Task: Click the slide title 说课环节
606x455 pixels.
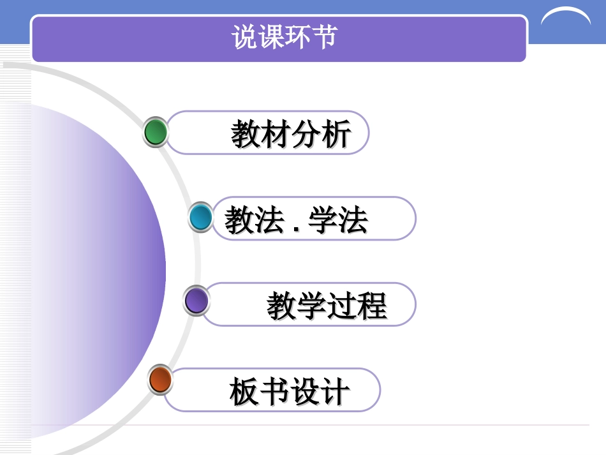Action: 284,38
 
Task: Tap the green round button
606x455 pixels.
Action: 156,132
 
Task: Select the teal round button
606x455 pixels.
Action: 201,218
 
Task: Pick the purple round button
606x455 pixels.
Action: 196,301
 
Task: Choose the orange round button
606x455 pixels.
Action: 160,380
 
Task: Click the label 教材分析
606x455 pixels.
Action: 291,135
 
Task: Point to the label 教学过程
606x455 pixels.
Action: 327,306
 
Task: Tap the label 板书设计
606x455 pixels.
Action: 290,391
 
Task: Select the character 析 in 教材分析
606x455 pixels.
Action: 336,135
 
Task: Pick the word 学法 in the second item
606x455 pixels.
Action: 338,221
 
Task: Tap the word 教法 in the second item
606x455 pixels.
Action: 254,221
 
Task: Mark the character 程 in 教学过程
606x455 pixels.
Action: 372,306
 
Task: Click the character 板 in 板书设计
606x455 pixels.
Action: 244,391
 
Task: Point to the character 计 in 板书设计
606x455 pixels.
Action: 334,391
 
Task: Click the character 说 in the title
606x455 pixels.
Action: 244,38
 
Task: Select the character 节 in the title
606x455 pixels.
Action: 324,38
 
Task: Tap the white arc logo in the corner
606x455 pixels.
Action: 565,18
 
